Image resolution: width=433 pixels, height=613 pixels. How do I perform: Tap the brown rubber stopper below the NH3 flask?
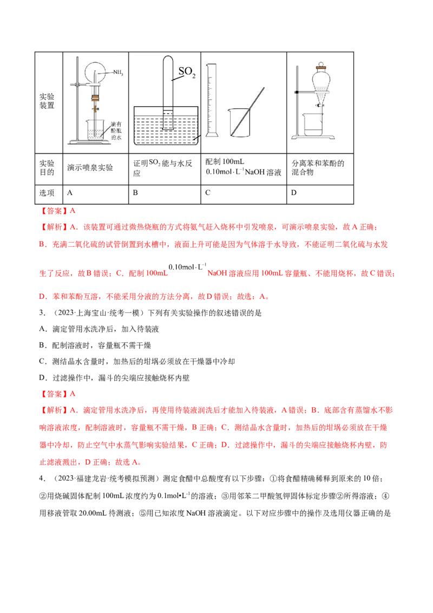coord(96,99)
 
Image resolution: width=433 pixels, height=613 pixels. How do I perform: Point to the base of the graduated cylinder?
coord(212,135)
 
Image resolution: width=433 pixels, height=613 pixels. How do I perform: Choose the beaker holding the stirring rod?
coord(239,123)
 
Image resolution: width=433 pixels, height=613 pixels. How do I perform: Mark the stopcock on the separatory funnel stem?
coord(320,107)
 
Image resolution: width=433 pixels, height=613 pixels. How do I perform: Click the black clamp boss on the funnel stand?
coord(297,93)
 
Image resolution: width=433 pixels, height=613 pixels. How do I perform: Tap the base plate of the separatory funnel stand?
coord(313,138)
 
